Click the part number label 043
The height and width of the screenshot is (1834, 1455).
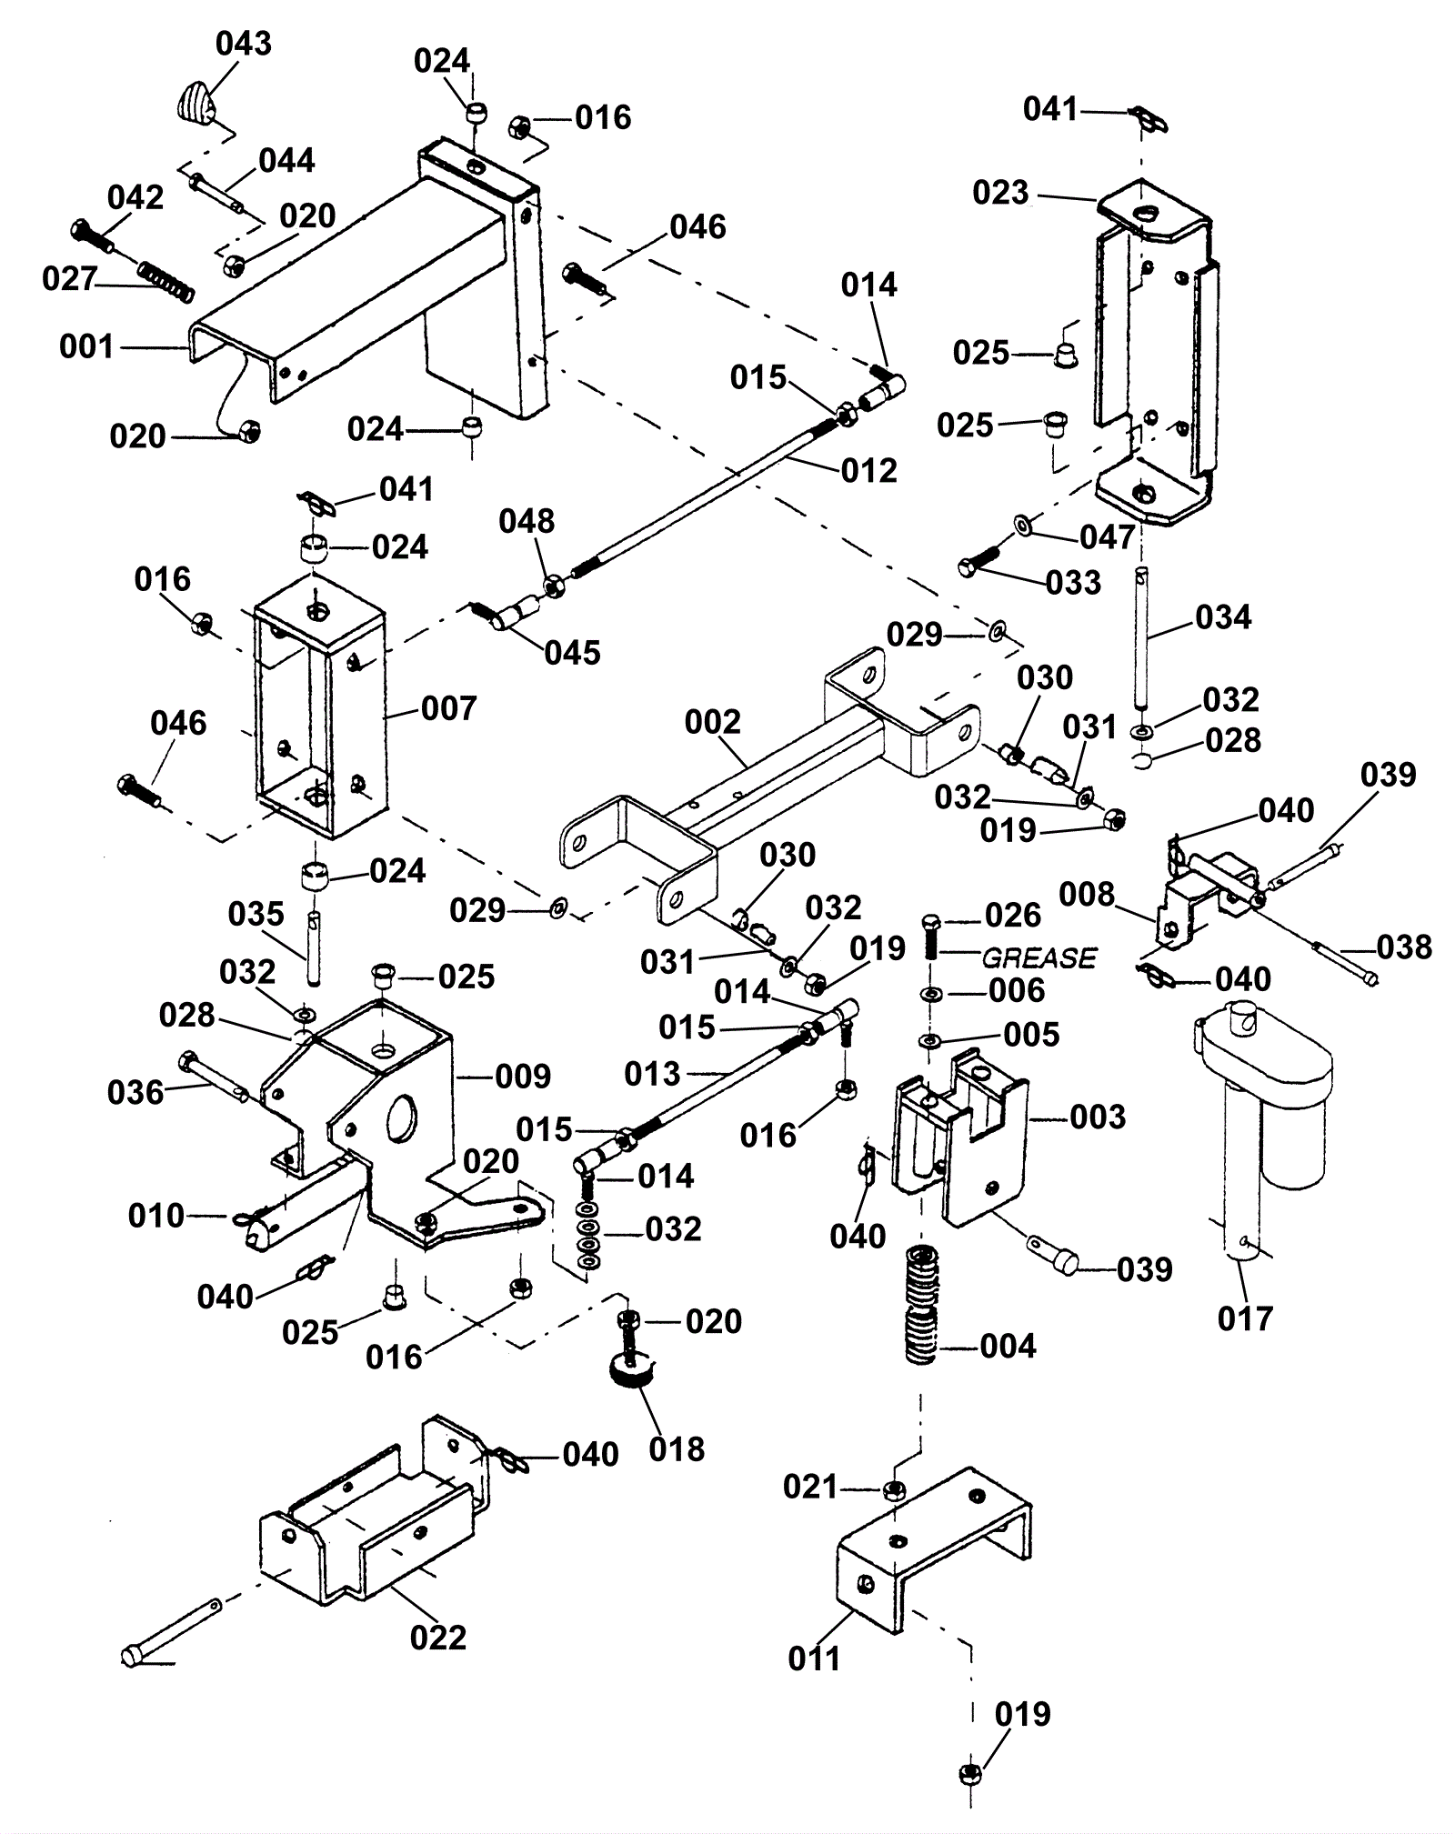tap(244, 44)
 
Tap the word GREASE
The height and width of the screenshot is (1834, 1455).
tap(1039, 957)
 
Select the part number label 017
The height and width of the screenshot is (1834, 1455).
tap(1245, 1318)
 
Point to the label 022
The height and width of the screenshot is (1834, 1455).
tap(438, 1638)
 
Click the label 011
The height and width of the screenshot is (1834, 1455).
tap(814, 1659)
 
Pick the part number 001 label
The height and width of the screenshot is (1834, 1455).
tap(86, 346)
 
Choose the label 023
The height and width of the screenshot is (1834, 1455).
tap(1000, 193)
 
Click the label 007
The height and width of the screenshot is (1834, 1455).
tap(449, 708)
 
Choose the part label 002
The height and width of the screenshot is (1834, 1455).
tap(713, 723)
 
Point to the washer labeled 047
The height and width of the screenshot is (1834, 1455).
tap(1022, 525)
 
